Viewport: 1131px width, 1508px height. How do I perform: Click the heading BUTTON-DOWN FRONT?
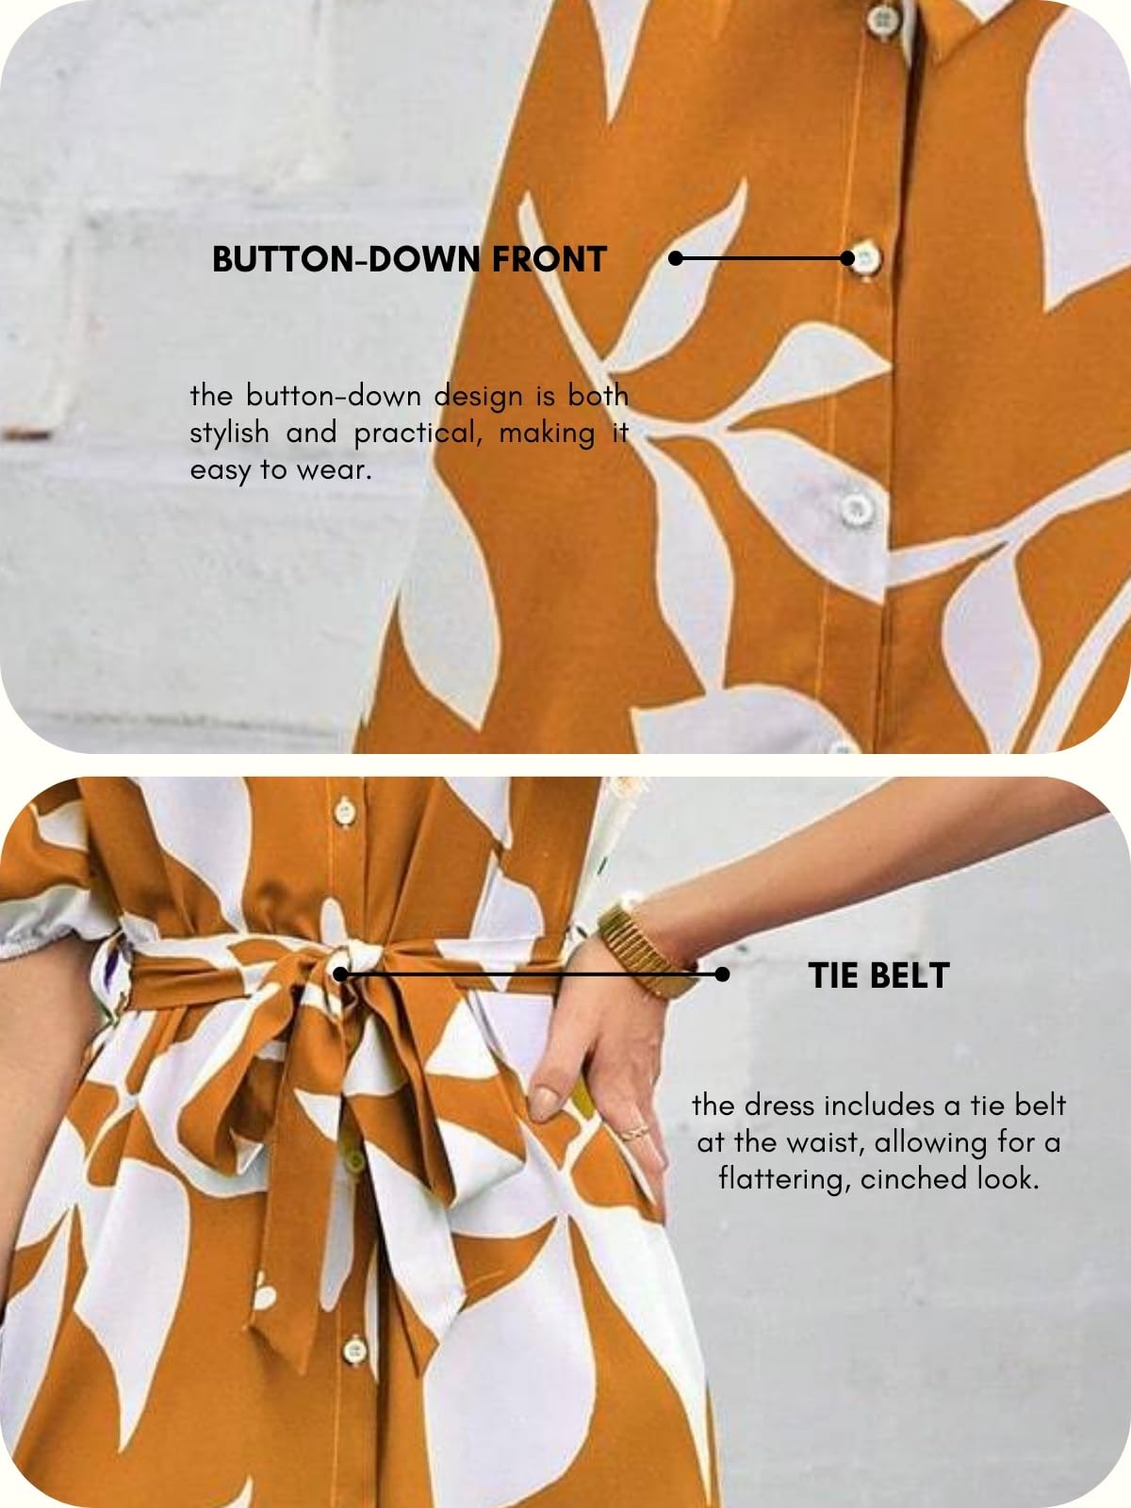408,259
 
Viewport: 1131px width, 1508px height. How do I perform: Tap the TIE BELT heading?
878,975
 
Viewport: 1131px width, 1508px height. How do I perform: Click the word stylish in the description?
229,433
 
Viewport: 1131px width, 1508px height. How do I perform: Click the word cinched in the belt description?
902,1179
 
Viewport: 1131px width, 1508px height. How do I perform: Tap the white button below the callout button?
856,508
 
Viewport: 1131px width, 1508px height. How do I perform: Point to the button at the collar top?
883,17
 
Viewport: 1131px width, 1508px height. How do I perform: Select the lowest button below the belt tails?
354,1350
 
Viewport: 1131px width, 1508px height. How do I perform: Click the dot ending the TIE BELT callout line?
722,975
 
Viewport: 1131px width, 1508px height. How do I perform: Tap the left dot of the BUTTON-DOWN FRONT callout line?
676,257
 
